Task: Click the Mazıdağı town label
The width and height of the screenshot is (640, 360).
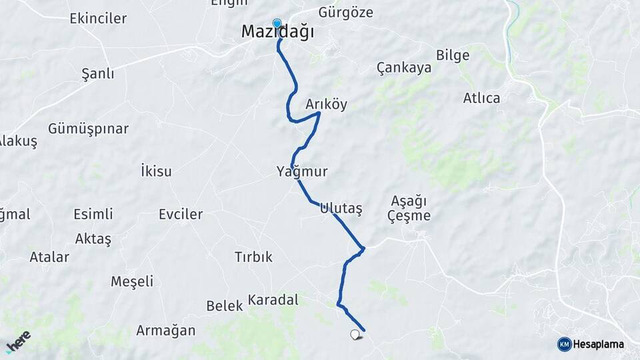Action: (x=277, y=32)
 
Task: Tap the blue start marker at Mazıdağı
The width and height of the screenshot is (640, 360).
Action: (x=277, y=24)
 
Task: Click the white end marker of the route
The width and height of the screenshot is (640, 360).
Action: (x=355, y=335)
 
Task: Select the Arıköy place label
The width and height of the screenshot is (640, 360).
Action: (x=327, y=105)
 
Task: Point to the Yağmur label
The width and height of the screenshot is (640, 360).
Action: (x=302, y=172)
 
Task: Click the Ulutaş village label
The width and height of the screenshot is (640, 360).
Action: (x=341, y=208)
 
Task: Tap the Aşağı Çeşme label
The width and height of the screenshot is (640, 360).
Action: (x=410, y=208)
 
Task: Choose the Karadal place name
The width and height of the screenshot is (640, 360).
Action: (x=273, y=300)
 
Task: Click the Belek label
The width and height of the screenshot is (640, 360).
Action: (x=225, y=306)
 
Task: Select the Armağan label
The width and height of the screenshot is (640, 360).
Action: (x=166, y=330)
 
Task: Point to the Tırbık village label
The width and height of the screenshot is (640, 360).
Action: (x=253, y=257)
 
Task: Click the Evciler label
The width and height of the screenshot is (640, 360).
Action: (x=181, y=215)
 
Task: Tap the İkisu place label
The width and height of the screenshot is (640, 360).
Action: (x=156, y=171)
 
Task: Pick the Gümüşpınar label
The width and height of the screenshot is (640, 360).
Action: (x=88, y=129)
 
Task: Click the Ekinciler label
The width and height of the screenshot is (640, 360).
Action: (x=98, y=19)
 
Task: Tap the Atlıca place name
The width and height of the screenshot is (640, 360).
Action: (x=481, y=98)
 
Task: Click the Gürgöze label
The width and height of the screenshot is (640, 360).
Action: (x=345, y=13)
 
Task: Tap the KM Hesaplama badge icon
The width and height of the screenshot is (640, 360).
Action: (x=564, y=344)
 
